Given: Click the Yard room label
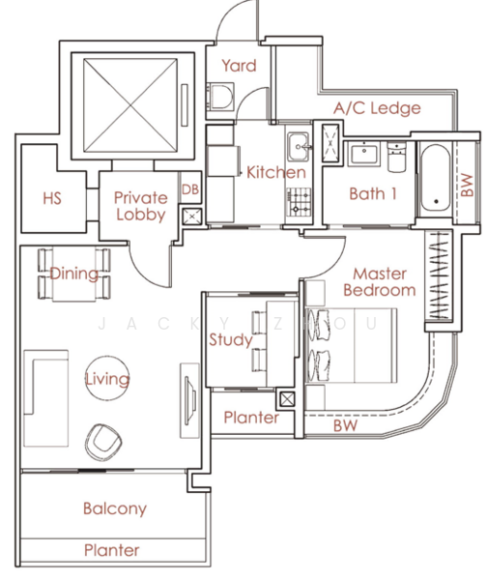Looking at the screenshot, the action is pyautogui.click(x=239, y=66).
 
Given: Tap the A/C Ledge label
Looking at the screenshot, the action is pyautogui.click(x=377, y=108).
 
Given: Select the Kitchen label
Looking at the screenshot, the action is pyautogui.click(x=276, y=172).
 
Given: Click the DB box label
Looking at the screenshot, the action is pyautogui.click(x=190, y=189).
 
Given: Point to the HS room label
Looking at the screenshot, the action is pyautogui.click(x=52, y=198).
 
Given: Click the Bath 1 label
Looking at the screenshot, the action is pyautogui.click(x=373, y=193).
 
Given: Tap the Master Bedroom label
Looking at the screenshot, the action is pyautogui.click(x=380, y=282).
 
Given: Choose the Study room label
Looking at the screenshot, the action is pyautogui.click(x=231, y=339).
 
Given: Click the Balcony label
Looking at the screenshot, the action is pyautogui.click(x=115, y=508).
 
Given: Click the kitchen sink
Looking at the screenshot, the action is pyautogui.click(x=298, y=147).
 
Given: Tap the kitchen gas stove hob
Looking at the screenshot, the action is pyautogui.click(x=298, y=202).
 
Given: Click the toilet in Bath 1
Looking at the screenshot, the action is pyautogui.click(x=396, y=157).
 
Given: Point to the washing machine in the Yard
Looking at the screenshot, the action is pyautogui.click(x=220, y=97).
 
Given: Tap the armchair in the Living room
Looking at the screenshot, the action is pyautogui.click(x=103, y=442).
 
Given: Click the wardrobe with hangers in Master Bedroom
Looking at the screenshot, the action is pyautogui.click(x=439, y=275).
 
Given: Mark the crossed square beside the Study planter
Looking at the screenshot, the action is pyautogui.click(x=287, y=398).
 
